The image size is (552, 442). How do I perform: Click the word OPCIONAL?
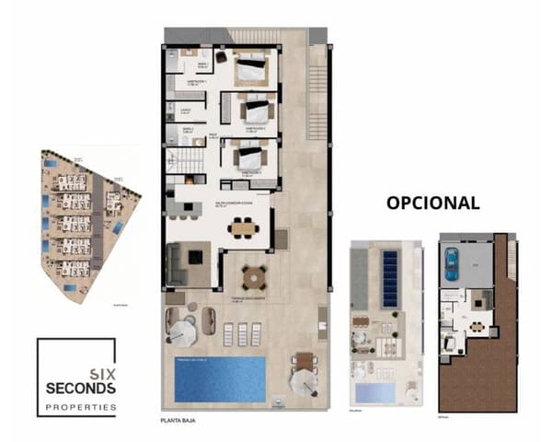pos(431,203)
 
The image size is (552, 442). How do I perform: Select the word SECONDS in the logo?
pos(81,389)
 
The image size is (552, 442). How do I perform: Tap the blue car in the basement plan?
pos(450,263)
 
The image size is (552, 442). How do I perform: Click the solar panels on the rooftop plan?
pos(390,273)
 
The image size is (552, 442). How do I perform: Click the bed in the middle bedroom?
pos(254,111)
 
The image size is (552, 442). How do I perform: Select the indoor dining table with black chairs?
pos(243,226)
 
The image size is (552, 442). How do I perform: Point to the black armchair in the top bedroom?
pos(221,56)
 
